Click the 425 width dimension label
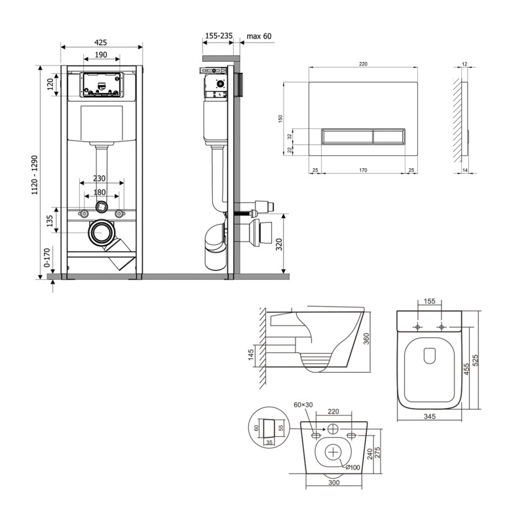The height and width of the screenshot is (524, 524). click(x=102, y=42)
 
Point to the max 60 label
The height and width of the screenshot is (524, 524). click(x=258, y=37)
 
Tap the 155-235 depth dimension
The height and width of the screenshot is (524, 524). click(x=219, y=37)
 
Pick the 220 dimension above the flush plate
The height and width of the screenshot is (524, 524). click(x=363, y=64)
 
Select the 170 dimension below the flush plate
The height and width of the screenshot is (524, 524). click(x=363, y=171)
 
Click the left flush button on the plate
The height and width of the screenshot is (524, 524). click(x=347, y=137)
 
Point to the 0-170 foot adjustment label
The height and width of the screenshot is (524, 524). click(x=46, y=259)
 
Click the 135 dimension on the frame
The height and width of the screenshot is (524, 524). click(x=50, y=221)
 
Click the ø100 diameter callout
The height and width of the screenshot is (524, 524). click(x=354, y=466)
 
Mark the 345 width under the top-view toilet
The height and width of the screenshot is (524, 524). click(x=430, y=417)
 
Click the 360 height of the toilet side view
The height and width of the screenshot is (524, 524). click(x=375, y=337)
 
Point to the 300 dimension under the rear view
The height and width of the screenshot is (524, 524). click(x=334, y=482)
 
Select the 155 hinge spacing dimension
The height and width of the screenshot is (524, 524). click(x=430, y=301)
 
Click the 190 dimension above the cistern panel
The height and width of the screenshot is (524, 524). click(x=101, y=55)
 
